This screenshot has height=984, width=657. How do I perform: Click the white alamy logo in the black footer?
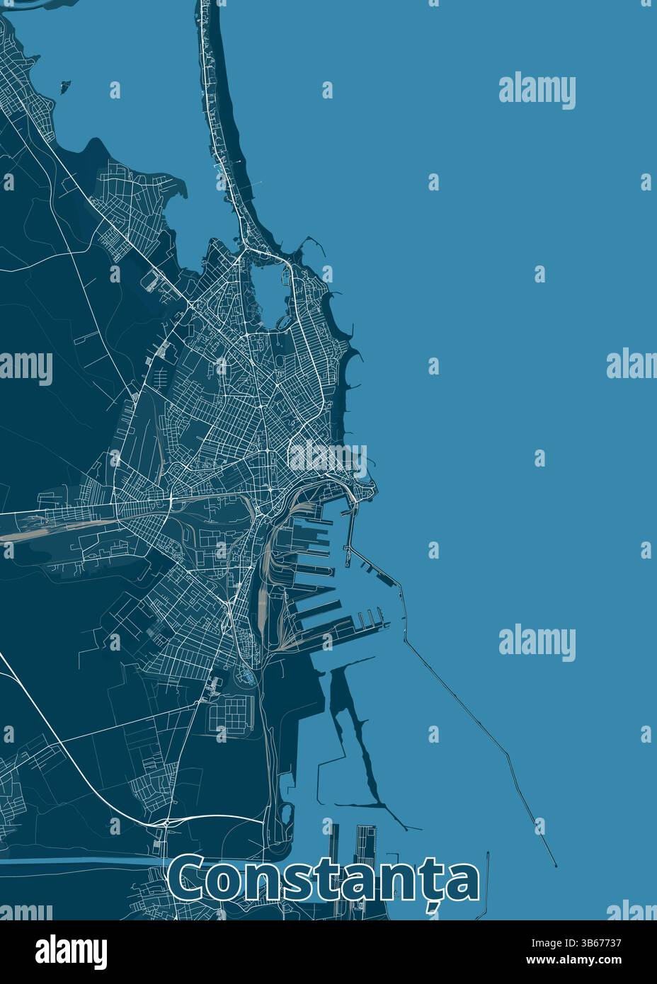point(71,951)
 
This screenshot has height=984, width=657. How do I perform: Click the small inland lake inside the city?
point(265,290)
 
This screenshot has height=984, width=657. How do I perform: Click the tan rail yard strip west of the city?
point(64,528)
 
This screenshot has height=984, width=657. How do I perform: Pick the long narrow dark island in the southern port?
point(354,736)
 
